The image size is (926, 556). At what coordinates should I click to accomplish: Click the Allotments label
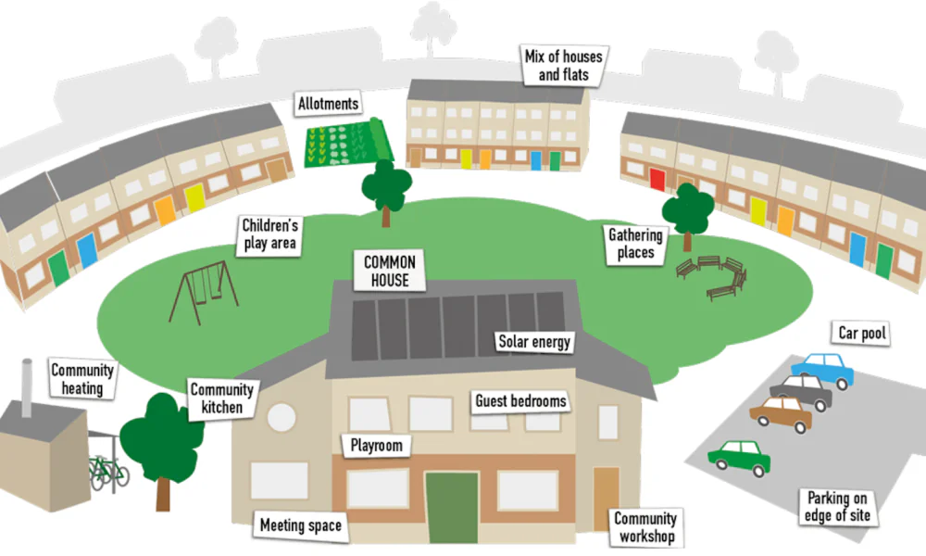pyautogui.click(x=329, y=104)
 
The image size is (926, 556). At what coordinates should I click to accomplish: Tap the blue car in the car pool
pyautogui.click(x=823, y=370)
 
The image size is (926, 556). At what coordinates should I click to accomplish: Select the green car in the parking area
pyautogui.click(x=739, y=458)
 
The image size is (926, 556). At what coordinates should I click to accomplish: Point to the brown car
pyautogui.click(x=782, y=413)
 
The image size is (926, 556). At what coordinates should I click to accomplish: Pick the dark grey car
pyautogui.click(x=801, y=391)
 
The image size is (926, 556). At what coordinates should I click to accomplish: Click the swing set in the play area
pyautogui.click(x=204, y=292)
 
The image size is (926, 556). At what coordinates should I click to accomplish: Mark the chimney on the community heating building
pyautogui.click(x=27, y=387)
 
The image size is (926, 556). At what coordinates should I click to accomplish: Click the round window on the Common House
pyautogui.click(x=282, y=417)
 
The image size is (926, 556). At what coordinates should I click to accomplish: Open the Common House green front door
pyautogui.click(x=452, y=507)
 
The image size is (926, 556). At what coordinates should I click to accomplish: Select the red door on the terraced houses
pyautogui.click(x=657, y=179)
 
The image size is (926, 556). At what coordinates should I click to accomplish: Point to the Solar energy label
pyautogui.click(x=534, y=342)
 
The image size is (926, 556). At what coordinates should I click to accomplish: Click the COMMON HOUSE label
pyautogui.click(x=390, y=271)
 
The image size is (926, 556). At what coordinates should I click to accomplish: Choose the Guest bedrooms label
pyautogui.click(x=520, y=401)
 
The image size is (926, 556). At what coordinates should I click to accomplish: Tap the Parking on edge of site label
pyautogui.click(x=837, y=506)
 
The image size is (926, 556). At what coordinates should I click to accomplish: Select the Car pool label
pyautogui.click(x=862, y=334)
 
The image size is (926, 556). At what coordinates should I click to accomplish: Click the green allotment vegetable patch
pyautogui.click(x=348, y=143)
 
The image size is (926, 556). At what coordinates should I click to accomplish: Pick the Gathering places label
pyautogui.click(x=635, y=244)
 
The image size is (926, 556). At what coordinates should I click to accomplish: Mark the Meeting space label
pyautogui.click(x=301, y=525)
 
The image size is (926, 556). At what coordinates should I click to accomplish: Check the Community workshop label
pyautogui.click(x=646, y=527)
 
